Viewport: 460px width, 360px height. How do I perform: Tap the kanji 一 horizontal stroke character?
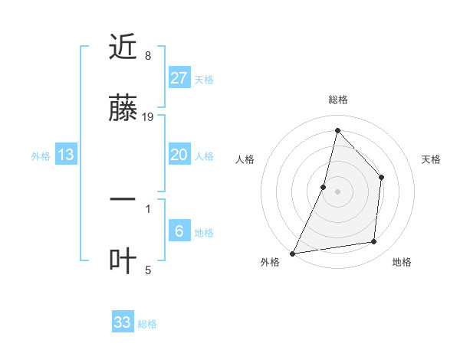coord(123,200)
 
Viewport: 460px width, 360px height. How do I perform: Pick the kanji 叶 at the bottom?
coord(123,261)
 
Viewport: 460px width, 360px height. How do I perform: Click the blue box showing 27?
coord(179,78)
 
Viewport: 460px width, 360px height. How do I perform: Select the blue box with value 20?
coord(179,155)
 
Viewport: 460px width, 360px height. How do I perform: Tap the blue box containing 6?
coord(179,231)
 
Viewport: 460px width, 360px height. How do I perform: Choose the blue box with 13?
coord(66,155)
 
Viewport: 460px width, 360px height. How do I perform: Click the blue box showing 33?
coord(123,322)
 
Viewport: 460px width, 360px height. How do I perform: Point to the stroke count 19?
coord(149,116)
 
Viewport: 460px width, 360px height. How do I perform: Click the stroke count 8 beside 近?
coord(148,56)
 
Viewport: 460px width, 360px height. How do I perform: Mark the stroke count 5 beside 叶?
coord(148,269)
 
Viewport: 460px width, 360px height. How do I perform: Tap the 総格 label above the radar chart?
coord(337,100)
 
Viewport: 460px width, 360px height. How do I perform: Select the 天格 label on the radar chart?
coord(432,159)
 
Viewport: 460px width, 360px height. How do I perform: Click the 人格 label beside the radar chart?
coord(245,159)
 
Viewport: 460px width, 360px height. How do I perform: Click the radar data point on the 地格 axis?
coord(374,242)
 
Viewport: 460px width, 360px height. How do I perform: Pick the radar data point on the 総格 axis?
coord(337,130)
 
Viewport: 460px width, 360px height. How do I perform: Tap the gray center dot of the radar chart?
coord(337,191)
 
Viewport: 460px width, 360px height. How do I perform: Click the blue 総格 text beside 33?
coord(147,324)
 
